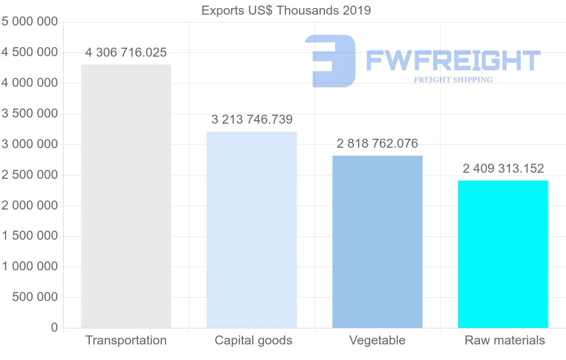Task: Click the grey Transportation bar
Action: click(126, 196)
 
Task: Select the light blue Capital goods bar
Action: click(252, 230)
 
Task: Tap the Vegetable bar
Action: click(377, 242)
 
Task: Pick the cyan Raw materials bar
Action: click(503, 254)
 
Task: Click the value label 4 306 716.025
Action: click(126, 53)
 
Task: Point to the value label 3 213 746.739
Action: click(252, 120)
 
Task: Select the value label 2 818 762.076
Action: click(377, 144)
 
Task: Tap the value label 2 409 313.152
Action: click(503, 168)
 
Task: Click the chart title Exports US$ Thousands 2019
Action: click(286, 10)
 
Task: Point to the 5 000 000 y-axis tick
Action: click(30, 22)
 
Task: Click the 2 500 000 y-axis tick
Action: click(30, 175)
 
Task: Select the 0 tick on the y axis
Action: click(54, 328)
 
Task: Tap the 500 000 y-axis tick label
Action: click(34, 297)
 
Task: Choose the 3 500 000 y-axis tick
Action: click(30, 114)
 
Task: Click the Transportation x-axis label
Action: click(126, 341)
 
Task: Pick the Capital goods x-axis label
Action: click(253, 341)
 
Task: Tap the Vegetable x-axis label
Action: click(377, 341)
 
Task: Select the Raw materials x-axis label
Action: click(505, 341)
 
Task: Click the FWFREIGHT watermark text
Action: click(453, 60)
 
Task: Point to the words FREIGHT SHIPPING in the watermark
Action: click(453, 80)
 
